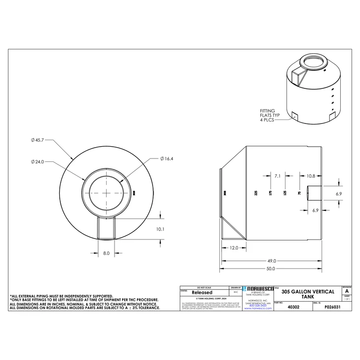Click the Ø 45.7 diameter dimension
coord(38,140)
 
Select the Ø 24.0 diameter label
coord(38,161)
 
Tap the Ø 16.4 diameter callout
coord(166,159)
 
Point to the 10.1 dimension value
coord(160,229)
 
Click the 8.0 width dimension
coord(106,253)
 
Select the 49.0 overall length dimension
coord(271,260)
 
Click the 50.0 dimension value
coord(271,269)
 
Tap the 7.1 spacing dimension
coord(277,176)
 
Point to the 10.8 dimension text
coord(311,176)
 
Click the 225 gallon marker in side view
coord(256,193)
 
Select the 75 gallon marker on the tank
coord(298,193)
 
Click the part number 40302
coord(293,307)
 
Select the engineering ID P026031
coord(332,307)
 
